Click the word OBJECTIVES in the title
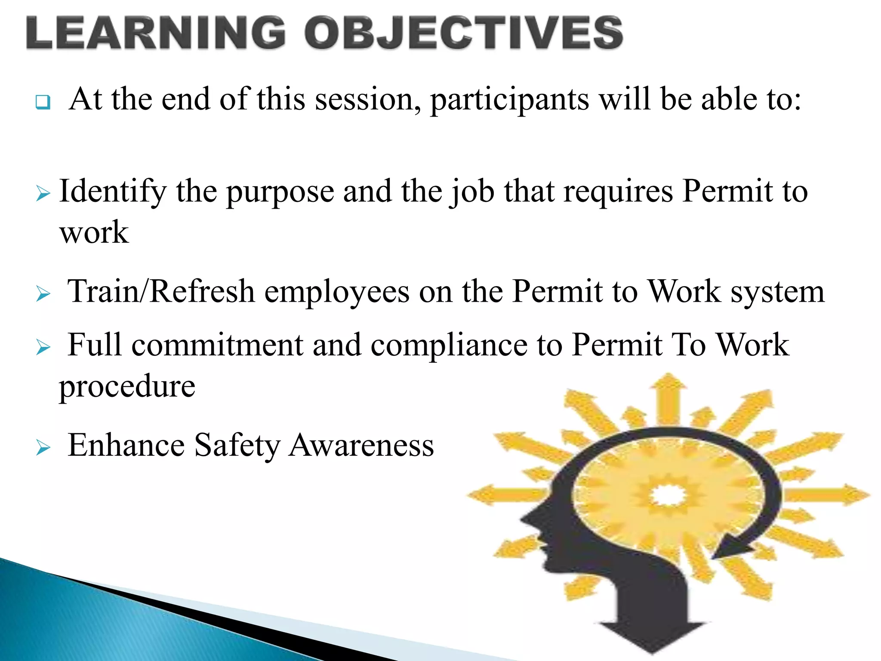pos(464,33)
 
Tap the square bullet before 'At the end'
pos(43,102)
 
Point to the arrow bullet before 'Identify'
pos(43,194)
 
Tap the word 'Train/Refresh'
pos(161,291)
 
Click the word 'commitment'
pos(217,345)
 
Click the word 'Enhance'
pos(126,445)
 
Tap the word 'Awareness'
pos(361,445)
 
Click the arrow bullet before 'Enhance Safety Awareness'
pos(43,448)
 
